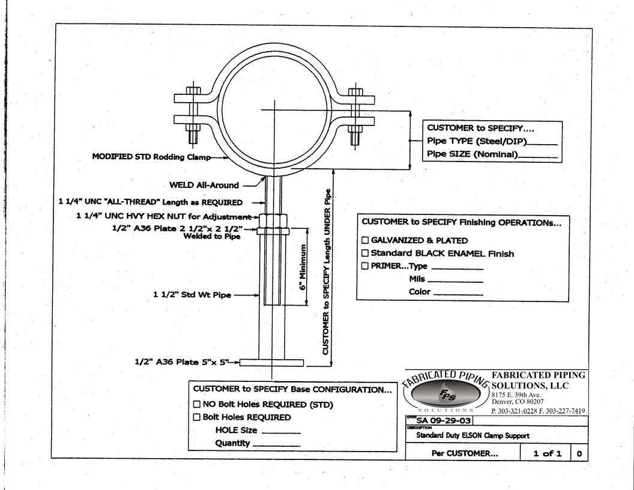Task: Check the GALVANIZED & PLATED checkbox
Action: (364, 240)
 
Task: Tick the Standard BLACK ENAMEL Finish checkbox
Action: (364, 253)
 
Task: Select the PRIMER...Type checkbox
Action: (364, 265)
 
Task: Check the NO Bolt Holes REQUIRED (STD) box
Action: (196, 404)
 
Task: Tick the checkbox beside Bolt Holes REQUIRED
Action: (196, 417)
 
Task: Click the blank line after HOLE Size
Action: (281, 433)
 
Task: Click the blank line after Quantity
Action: (276, 446)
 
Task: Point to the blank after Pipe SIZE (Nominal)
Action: (538, 157)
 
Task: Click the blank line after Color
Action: (458, 295)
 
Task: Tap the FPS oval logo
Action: (447, 393)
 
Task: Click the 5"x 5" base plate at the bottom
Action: (271, 363)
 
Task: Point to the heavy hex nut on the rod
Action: (273, 220)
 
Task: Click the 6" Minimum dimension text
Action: (303, 267)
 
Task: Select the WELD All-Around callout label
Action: (204, 185)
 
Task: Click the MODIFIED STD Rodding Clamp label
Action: (151, 157)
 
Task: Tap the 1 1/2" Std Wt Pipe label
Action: (192, 295)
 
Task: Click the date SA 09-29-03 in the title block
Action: (444, 420)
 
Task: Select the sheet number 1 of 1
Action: (547, 453)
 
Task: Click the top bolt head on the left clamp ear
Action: (193, 91)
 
